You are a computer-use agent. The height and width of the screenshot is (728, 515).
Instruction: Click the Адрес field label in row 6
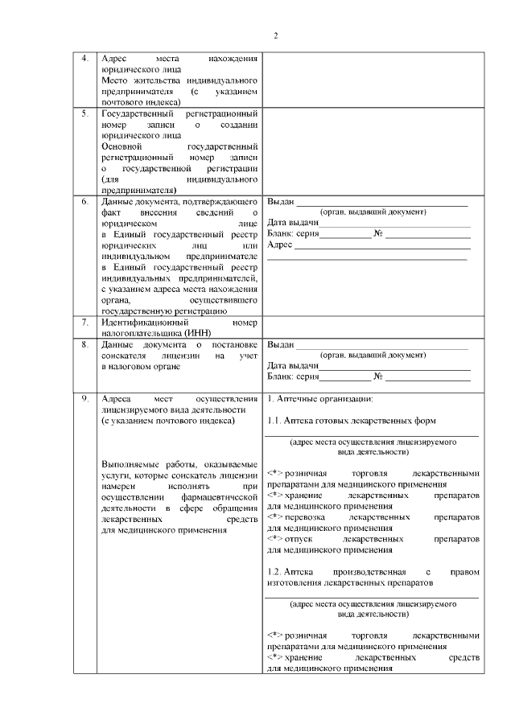coord(279,244)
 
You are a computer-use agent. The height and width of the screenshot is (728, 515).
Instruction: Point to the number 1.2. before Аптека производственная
coord(274,571)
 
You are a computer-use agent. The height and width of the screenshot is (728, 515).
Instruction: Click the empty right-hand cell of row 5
coord(373,151)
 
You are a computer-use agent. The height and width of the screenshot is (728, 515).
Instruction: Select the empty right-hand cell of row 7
coord(373,327)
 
